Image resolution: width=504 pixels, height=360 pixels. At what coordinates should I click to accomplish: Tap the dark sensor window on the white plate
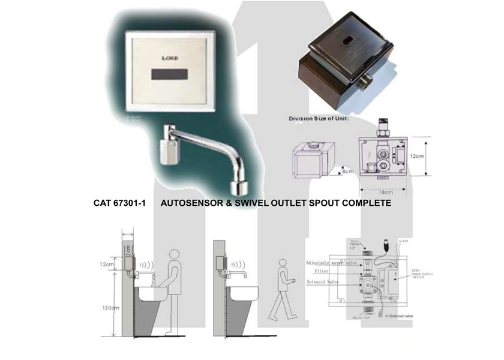pos(170,77)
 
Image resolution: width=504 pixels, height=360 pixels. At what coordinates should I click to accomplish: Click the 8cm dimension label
pos(349,172)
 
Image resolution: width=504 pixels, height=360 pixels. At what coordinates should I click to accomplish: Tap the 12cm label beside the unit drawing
pos(418,155)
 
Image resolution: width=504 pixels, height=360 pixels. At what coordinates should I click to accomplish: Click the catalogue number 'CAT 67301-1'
pos(120,203)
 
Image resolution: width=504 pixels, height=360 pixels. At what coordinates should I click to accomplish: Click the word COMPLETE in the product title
pos(366,203)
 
